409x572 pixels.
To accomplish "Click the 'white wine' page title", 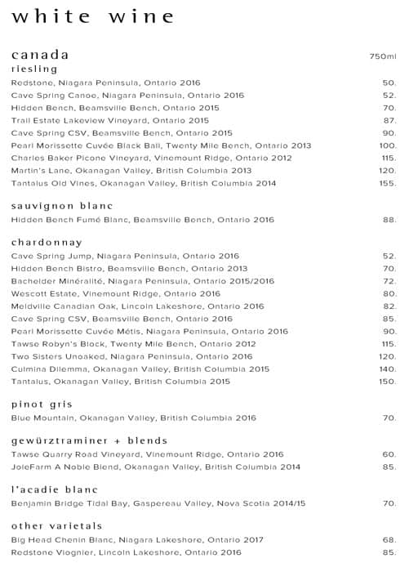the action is click(94, 16).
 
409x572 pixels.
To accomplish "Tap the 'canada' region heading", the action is click(40, 55).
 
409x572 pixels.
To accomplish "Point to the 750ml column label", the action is click(382, 56).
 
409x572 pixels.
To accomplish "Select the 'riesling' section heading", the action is click(34, 69).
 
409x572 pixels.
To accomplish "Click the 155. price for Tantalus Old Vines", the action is click(388, 183).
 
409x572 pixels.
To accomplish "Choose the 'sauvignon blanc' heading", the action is click(62, 206).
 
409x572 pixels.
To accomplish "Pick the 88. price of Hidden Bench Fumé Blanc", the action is click(389, 220).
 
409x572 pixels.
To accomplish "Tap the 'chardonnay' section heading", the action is click(47, 243).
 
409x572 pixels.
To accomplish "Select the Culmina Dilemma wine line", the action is click(140, 369).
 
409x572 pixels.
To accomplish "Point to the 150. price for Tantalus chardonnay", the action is click(388, 382).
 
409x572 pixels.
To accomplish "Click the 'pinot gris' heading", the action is click(42, 404).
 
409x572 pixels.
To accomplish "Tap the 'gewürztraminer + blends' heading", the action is click(89, 440).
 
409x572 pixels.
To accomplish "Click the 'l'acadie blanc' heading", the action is click(54, 489).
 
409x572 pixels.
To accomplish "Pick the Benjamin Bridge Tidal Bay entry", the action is click(158, 503).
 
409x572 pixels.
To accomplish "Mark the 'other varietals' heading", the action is click(56, 525).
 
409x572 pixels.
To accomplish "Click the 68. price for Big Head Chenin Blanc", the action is click(389, 539).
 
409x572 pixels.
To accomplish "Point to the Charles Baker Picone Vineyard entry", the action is click(151, 158).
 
